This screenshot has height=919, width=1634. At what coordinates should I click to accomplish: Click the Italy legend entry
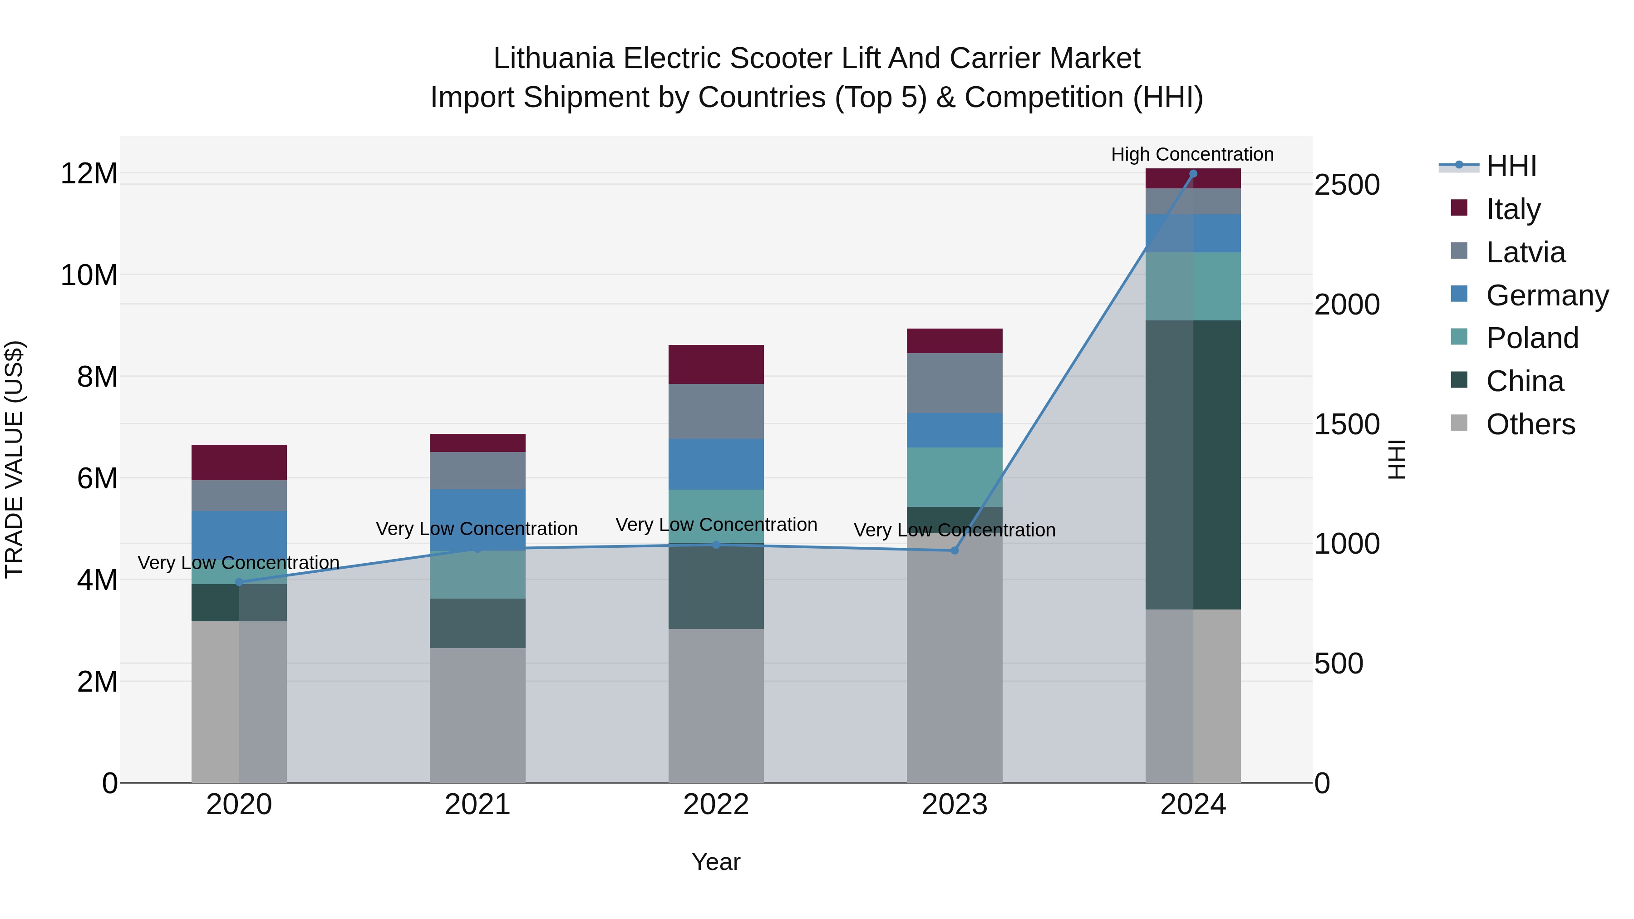[x=1513, y=209]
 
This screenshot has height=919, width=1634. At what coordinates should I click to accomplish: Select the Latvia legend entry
[x=1525, y=252]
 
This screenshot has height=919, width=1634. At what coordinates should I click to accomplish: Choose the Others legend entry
[x=1530, y=424]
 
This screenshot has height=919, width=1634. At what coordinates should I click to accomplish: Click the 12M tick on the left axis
[x=89, y=174]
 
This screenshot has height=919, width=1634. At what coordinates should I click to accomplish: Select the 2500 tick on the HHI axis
[x=1347, y=185]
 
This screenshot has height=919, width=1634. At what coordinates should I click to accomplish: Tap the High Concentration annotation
[x=1192, y=154]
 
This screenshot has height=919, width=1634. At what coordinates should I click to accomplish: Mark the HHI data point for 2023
[x=954, y=550]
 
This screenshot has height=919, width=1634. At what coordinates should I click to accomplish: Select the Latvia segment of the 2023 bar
[x=954, y=383]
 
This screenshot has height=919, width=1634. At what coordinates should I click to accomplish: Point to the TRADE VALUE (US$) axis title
[x=14, y=459]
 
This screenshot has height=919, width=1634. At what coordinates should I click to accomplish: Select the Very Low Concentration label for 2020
[x=238, y=563]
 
